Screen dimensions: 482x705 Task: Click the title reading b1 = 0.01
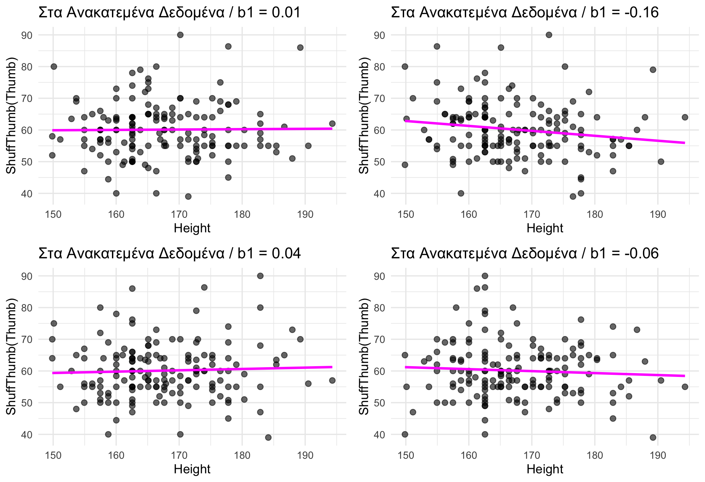point(169,13)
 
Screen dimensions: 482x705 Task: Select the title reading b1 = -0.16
point(525,13)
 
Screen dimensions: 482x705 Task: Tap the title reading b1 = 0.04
point(169,254)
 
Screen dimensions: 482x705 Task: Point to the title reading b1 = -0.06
point(525,254)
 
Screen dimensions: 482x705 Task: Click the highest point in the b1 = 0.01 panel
point(180,35)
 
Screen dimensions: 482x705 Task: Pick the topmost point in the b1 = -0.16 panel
point(549,35)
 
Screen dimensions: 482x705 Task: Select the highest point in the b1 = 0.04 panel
point(260,276)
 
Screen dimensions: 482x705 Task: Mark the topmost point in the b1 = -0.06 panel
point(485,276)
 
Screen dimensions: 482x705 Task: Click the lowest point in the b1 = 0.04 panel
point(268,437)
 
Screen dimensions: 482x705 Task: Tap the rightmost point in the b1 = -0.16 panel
point(685,117)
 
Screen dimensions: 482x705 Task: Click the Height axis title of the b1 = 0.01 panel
point(192,228)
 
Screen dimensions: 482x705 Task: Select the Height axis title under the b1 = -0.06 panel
point(545,469)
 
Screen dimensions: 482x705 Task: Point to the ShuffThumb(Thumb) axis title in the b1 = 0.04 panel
point(11,356)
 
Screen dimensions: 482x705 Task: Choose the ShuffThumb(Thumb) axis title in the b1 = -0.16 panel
point(364,115)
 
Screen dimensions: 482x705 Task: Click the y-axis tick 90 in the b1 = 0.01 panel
point(27,35)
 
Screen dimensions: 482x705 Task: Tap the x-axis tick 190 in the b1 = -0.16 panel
point(658,214)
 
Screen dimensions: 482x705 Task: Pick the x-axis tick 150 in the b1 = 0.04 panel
point(53,455)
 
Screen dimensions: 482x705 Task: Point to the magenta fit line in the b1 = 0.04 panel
point(192,370)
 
